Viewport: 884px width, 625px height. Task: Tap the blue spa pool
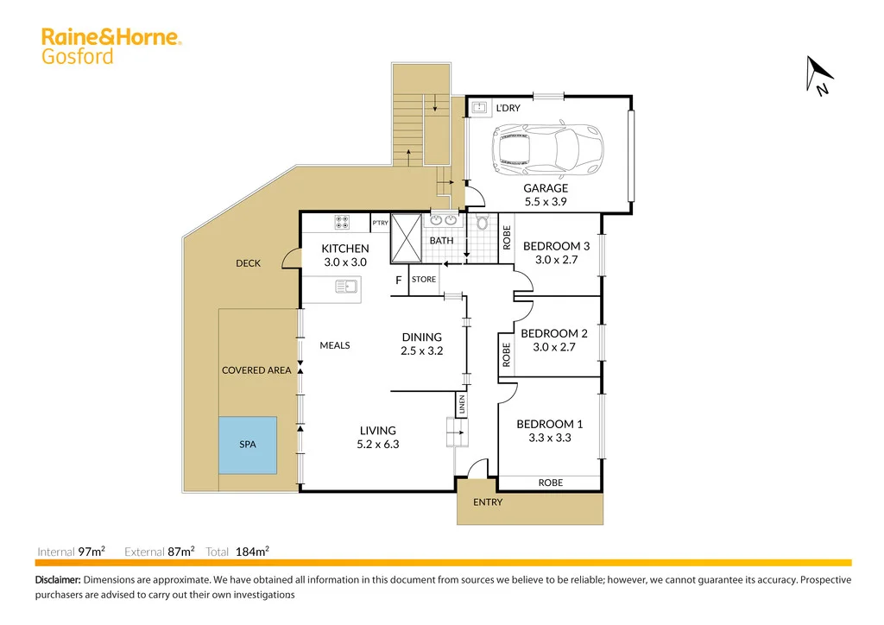click(247, 445)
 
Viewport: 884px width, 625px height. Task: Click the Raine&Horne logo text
click(110, 37)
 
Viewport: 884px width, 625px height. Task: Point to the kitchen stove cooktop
click(342, 222)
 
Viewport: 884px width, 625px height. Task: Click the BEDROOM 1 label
click(550, 424)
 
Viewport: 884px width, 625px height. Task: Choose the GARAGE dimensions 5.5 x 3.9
click(546, 202)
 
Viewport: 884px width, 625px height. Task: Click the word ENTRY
click(488, 502)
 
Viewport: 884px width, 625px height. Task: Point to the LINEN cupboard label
click(462, 405)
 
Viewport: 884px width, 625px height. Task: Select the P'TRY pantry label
click(380, 223)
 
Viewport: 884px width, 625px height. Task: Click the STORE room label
click(423, 280)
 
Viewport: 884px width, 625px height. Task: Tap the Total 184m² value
click(252, 551)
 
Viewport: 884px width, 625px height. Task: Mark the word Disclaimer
click(58, 580)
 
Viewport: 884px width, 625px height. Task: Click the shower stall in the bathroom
click(405, 237)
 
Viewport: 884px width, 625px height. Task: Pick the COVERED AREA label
click(256, 370)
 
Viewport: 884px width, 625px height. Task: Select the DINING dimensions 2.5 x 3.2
click(421, 351)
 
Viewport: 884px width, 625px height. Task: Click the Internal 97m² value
click(92, 551)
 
